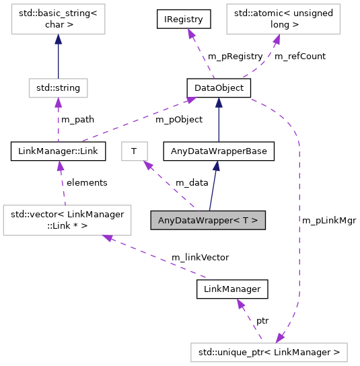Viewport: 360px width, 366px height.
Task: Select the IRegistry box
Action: point(184,19)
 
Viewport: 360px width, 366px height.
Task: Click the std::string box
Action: point(58,87)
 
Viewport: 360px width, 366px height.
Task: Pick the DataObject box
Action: point(219,87)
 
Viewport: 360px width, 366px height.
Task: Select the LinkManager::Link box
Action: point(58,151)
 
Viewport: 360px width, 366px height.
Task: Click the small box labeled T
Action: point(134,151)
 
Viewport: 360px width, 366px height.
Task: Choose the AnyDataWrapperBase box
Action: point(219,151)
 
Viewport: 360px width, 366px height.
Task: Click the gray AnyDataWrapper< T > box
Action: point(208,220)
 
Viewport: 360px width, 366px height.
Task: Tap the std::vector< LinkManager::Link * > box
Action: point(67,220)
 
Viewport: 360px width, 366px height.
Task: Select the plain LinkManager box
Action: point(232,289)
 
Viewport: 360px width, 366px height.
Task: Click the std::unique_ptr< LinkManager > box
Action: point(269,351)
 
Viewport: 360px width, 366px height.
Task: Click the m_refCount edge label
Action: point(300,57)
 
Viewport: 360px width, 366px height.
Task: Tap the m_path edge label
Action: point(77,120)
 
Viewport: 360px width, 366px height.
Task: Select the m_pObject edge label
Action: point(179,120)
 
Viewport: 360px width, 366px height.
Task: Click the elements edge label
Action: point(86,182)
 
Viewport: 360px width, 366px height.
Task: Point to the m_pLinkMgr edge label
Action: point(329,220)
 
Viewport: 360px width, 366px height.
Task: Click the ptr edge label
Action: point(263,321)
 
